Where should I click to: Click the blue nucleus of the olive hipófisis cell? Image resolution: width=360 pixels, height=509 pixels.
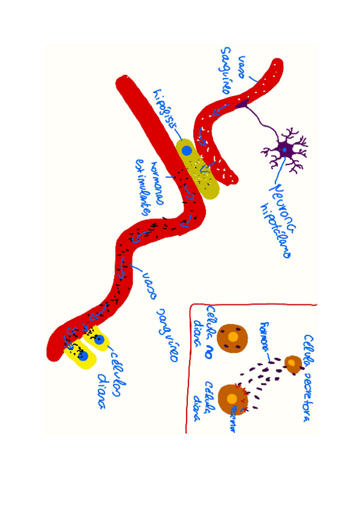tap(187, 150)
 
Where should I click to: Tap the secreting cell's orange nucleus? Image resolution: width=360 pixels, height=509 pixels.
tap(292, 362)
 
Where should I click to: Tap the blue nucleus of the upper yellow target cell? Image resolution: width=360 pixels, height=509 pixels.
tap(100, 341)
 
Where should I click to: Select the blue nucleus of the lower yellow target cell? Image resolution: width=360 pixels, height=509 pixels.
tap(83, 357)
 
